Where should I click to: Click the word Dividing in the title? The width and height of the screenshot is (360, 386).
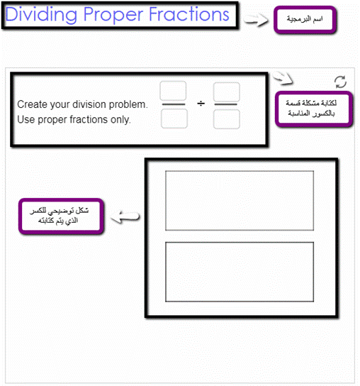[x=41, y=15]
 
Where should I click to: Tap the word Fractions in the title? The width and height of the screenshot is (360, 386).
[x=189, y=14]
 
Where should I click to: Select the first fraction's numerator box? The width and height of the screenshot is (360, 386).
[x=173, y=91]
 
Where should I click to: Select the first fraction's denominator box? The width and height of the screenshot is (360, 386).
[x=174, y=118]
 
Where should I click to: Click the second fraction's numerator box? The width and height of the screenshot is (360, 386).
[x=227, y=92]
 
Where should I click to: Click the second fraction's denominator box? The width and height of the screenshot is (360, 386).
[x=227, y=119]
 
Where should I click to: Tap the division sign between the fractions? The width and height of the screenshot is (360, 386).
[x=201, y=104]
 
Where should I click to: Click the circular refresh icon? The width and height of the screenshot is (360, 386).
[x=341, y=82]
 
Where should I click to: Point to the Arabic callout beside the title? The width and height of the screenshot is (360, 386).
[x=305, y=20]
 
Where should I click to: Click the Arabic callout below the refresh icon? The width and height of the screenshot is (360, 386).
[x=314, y=109]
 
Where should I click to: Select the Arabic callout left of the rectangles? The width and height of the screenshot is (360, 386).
[x=61, y=216]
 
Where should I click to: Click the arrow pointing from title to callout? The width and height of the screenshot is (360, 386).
[x=256, y=21]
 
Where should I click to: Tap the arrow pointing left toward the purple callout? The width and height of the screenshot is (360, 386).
[x=125, y=216]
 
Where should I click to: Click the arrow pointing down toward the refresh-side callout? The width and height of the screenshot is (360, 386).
[x=283, y=78]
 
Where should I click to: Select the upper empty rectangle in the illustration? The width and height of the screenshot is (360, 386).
[x=240, y=201]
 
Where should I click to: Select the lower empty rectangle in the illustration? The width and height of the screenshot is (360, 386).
[x=240, y=272]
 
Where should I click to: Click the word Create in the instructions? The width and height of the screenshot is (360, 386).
[x=31, y=104]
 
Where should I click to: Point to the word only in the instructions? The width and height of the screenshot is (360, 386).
[x=120, y=120]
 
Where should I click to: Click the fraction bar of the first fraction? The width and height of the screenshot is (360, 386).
[x=174, y=104]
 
